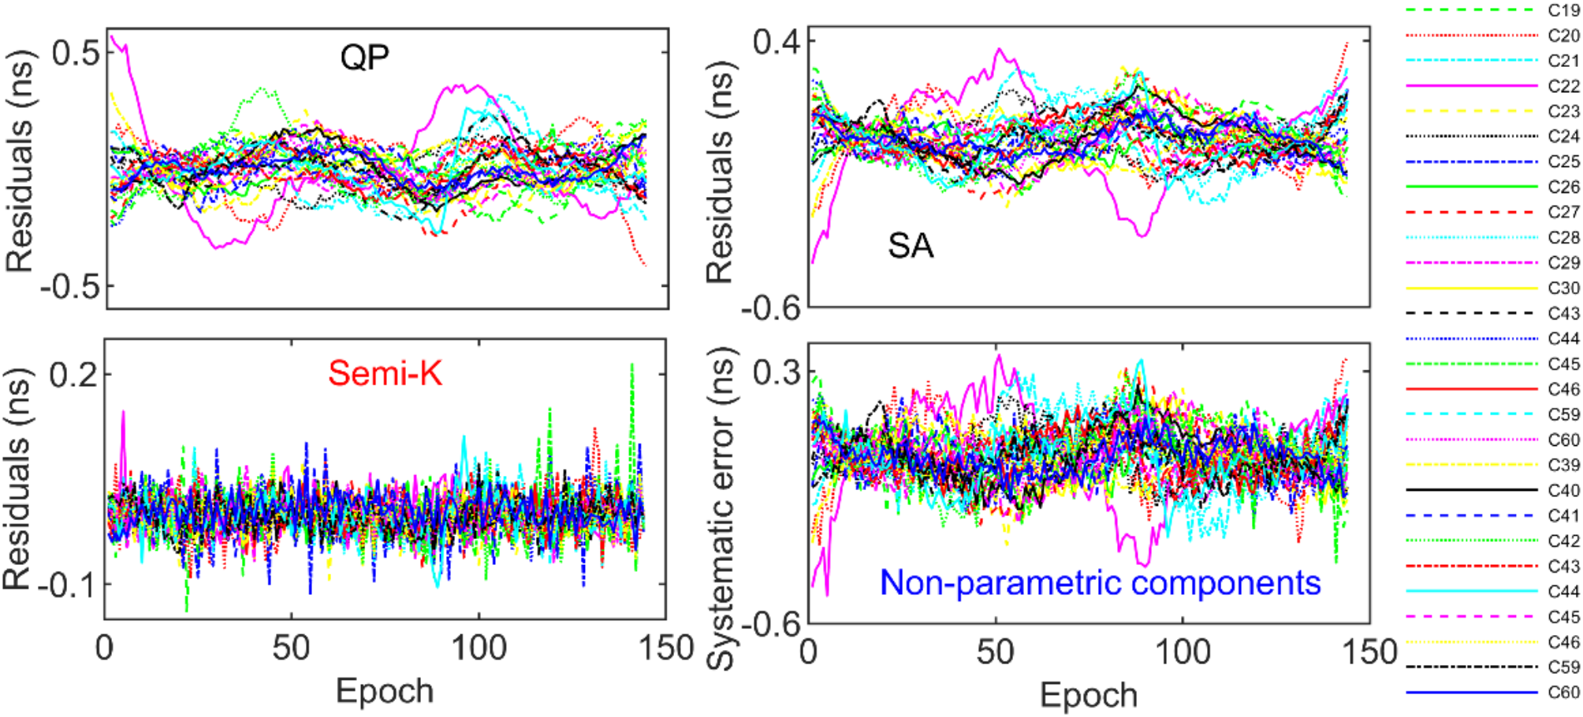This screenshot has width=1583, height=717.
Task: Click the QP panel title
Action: (x=364, y=58)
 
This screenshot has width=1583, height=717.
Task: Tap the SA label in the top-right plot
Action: (x=911, y=245)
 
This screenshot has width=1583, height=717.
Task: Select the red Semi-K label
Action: (x=385, y=373)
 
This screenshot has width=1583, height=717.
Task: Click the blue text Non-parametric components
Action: (x=1100, y=583)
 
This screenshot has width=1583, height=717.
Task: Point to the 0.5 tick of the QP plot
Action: (x=76, y=53)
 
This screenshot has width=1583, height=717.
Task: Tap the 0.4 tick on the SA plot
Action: (x=776, y=41)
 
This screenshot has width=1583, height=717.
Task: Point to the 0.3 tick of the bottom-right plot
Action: (x=776, y=371)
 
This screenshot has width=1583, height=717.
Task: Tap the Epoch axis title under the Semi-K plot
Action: (x=385, y=691)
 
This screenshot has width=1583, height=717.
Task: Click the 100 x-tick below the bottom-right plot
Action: (x=1183, y=652)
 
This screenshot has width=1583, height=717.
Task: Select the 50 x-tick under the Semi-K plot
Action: (x=291, y=648)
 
